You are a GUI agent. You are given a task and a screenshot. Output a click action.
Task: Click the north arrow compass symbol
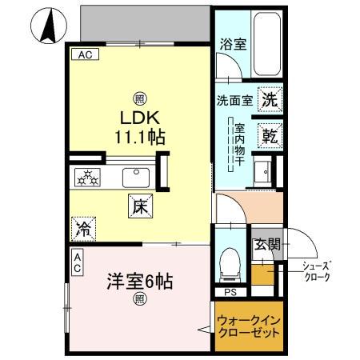[x=46, y=26]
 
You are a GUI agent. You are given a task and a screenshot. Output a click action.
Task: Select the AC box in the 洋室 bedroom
[x=77, y=262]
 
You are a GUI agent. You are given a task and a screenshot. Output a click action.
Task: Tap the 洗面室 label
[x=234, y=102]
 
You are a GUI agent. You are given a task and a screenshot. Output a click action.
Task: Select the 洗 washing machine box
[x=270, y=100]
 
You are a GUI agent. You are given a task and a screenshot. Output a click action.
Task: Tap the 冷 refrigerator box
[x=83, y=230]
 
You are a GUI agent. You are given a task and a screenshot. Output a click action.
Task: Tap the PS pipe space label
[x=230, y=292]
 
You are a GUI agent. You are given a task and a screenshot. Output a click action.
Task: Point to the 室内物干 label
[x=238, y=143]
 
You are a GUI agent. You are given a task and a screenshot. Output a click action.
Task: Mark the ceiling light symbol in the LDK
[x=140, y=99]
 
